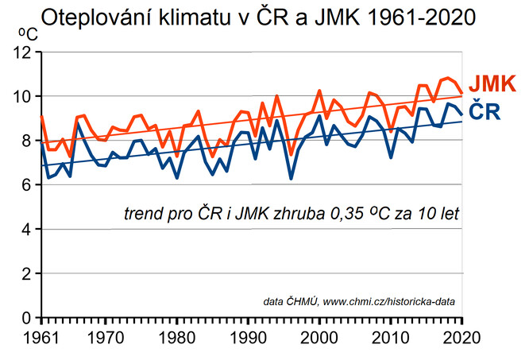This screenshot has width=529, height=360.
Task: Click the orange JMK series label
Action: [x=493, y=83]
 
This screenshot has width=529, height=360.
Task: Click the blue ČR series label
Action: [x=483, y=111]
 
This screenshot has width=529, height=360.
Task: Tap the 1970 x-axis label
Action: [x=105, y=337]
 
